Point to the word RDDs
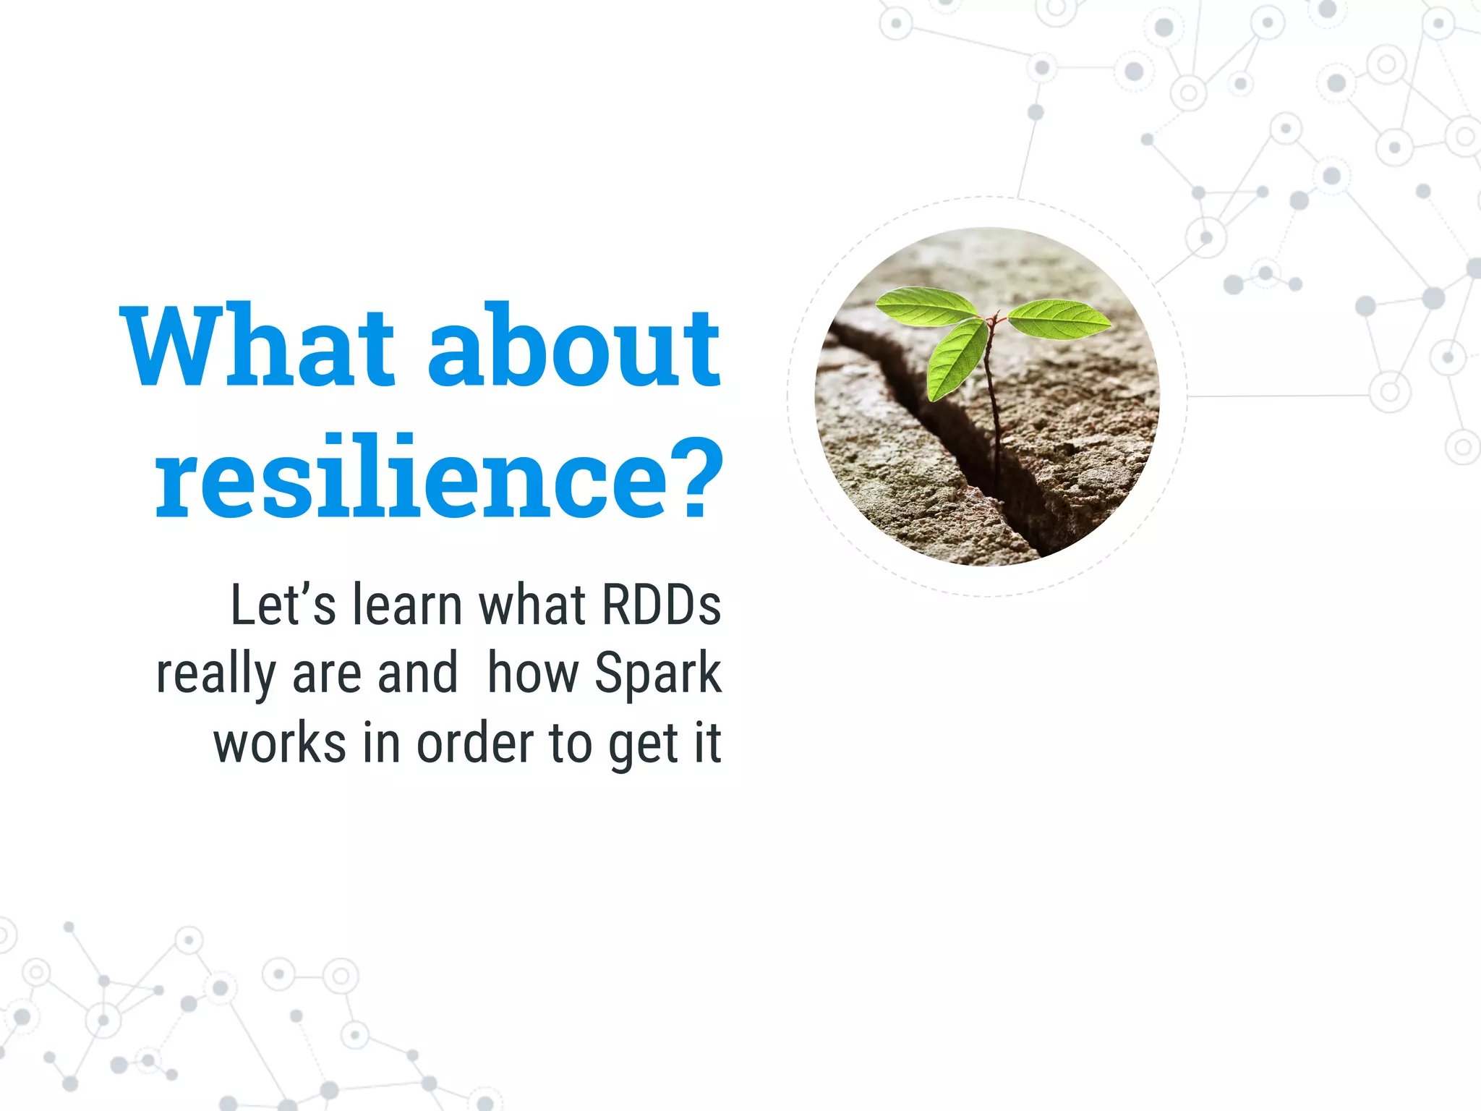pos(661,605)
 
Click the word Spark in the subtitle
pos(657,675)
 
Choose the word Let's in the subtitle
pos(283,605)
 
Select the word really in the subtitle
pos(216,675)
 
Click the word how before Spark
pos(533,673)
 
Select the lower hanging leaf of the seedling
pos(956,359)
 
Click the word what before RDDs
pos(532,605)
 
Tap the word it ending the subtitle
pos(708,744)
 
